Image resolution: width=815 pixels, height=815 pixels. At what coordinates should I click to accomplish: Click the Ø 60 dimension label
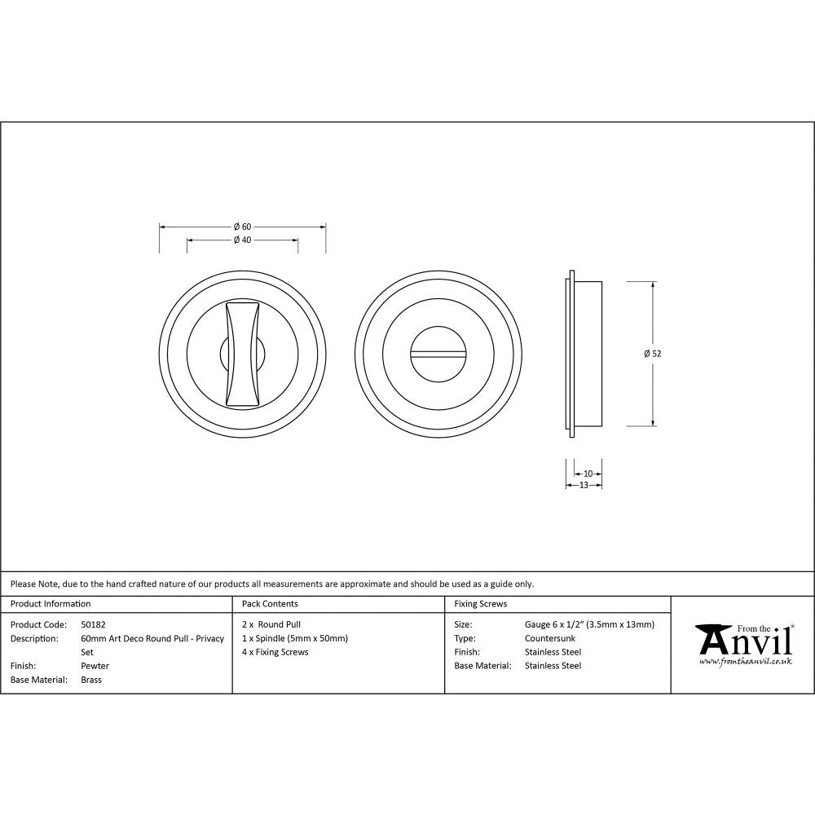pos(241,227)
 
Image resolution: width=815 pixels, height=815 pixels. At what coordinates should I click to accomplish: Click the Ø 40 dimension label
pos(241,240)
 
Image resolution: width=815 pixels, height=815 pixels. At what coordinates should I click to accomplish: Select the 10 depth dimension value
pos(588,474)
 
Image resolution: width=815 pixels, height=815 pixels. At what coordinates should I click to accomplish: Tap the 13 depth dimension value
pos(584,486)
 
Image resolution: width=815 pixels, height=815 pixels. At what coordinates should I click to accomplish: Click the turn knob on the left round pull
pos(242,353)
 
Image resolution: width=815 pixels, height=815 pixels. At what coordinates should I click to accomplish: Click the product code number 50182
pos(94,625)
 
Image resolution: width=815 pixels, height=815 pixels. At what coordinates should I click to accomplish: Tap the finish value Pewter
pos(95,666)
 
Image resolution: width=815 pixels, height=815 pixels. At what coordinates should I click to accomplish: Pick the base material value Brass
pos(91,680)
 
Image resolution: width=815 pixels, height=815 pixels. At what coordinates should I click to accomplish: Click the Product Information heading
pos(51,604)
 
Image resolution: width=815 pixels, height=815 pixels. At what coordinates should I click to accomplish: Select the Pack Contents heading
pos(270,604)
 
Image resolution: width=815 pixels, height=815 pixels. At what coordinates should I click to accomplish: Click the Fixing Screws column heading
pos(480,604)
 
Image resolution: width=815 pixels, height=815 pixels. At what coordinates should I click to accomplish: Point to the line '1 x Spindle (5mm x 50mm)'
pos(295,638)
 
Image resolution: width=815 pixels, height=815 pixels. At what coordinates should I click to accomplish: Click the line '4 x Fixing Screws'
pos(275,652)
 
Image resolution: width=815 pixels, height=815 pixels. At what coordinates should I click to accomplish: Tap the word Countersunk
pos(550,638)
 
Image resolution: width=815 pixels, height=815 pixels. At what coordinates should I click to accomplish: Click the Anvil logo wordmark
pos(744,641)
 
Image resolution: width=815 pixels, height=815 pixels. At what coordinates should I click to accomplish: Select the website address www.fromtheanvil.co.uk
pos(745,662)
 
